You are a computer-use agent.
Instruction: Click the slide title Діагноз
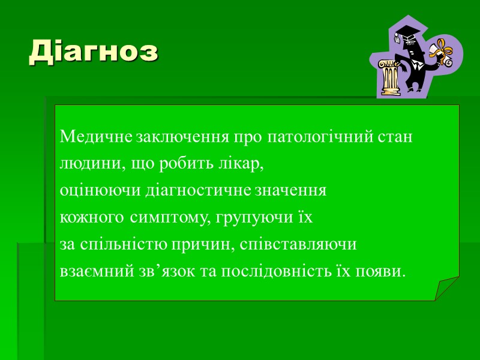[x=94, y=52]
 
